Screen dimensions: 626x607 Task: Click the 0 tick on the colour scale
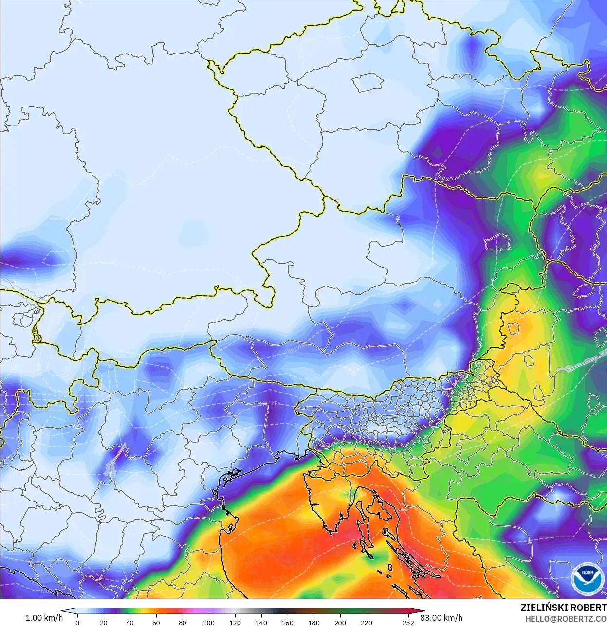[x=77, y=622]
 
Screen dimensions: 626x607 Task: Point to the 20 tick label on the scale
[x=104, y=622]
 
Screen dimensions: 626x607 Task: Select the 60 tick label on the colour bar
[x=156, y=622]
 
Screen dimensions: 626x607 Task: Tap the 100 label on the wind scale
[x=209, y=622]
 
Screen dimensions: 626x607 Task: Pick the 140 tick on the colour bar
[x=261, y=622]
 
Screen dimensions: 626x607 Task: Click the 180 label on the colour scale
[x=314, y=622]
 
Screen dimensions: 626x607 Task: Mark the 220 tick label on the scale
[x=367, y=622]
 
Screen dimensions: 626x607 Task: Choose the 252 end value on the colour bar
[x=408, y=622]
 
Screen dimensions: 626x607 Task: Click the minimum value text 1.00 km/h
[x=44, y=618]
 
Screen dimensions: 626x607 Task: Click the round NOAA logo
[x=587, y=579]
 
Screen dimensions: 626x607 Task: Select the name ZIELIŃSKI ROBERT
[x=563, y=608]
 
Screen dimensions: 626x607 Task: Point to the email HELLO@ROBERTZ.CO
[x=566, y=619]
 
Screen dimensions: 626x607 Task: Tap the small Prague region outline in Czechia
[x=368, y=83]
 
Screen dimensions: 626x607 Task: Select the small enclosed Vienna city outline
[x=497, y=242]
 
